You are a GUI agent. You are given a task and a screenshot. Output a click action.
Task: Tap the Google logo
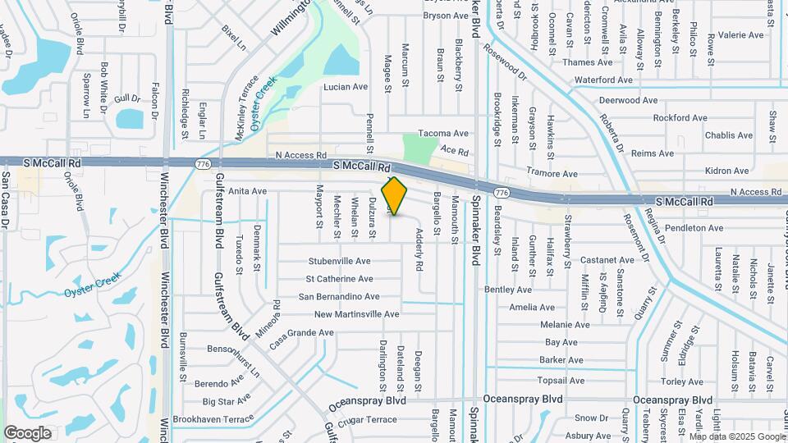[27, 433]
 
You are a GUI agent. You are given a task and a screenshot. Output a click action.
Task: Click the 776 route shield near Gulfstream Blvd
[202, 164]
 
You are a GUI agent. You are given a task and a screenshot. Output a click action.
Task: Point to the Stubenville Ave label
[339, 261]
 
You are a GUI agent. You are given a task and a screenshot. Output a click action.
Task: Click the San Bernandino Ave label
[338, 297]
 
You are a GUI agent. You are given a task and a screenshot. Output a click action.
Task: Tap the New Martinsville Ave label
[356, 314]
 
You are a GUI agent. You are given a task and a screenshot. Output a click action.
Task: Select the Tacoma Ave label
[443, 133]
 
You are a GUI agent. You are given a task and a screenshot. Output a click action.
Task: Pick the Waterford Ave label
[604, 80]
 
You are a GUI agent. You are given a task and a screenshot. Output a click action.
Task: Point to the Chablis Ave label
[728, 135]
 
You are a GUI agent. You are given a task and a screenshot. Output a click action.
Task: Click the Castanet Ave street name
[584, 260]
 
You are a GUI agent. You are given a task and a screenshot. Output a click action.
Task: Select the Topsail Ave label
[560, 381]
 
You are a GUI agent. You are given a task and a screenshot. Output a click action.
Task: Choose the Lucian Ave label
[344, 86]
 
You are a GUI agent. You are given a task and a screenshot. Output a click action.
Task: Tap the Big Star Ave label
[226, 401]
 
